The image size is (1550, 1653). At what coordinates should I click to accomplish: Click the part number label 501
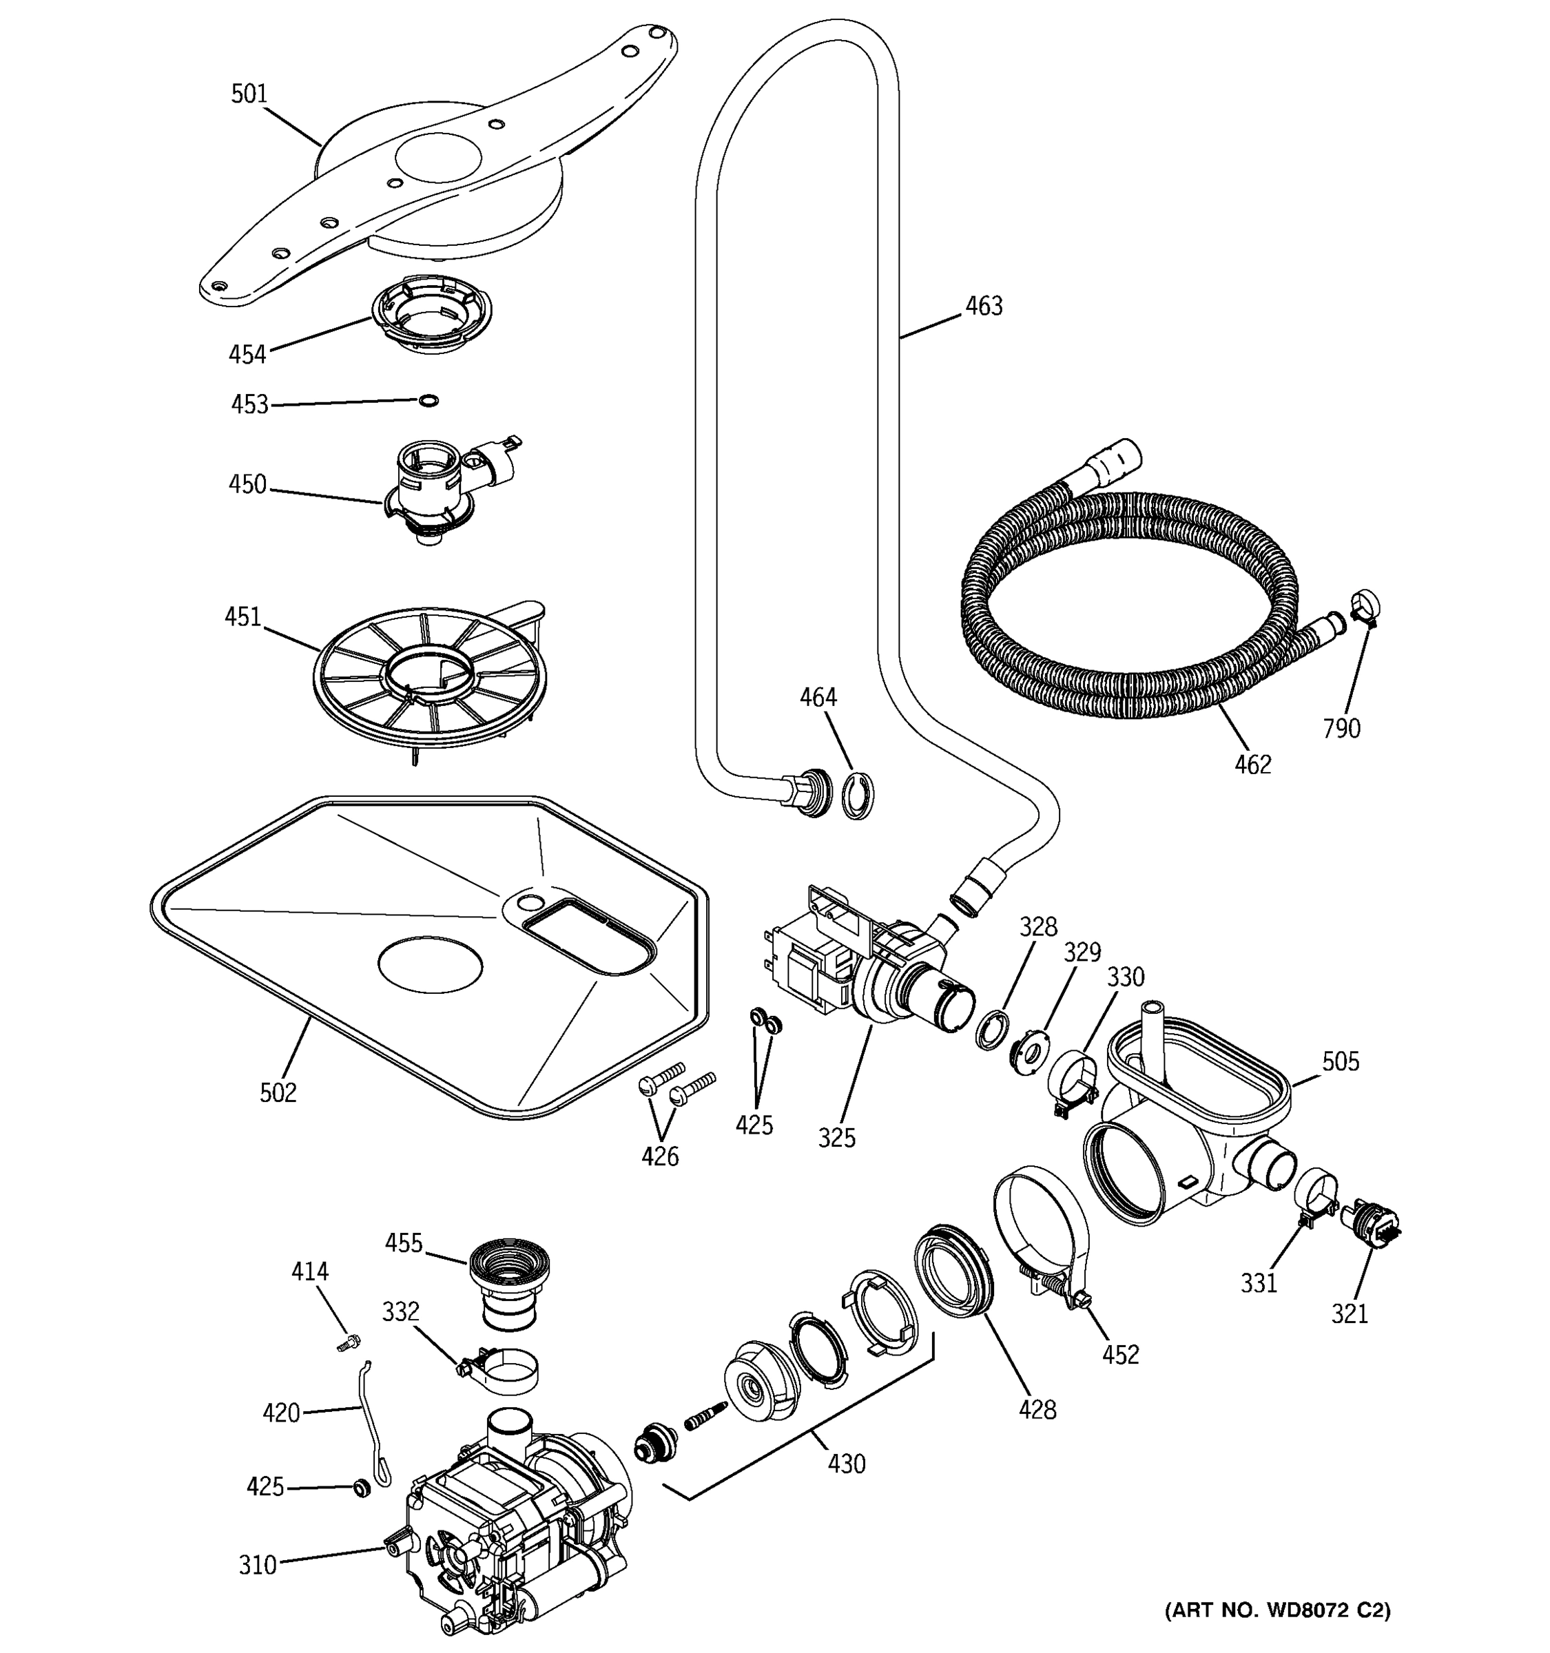tap(249, 94)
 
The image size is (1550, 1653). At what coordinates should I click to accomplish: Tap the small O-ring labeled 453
tap(427, 401)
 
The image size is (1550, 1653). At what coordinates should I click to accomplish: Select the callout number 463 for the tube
tap(984, 306)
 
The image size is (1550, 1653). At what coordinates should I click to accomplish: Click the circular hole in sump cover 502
tap(430, 964)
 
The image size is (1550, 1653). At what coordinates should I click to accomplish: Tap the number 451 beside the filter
tap(242, 617)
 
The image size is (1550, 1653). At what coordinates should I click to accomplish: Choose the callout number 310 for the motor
tap(257, 1565)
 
